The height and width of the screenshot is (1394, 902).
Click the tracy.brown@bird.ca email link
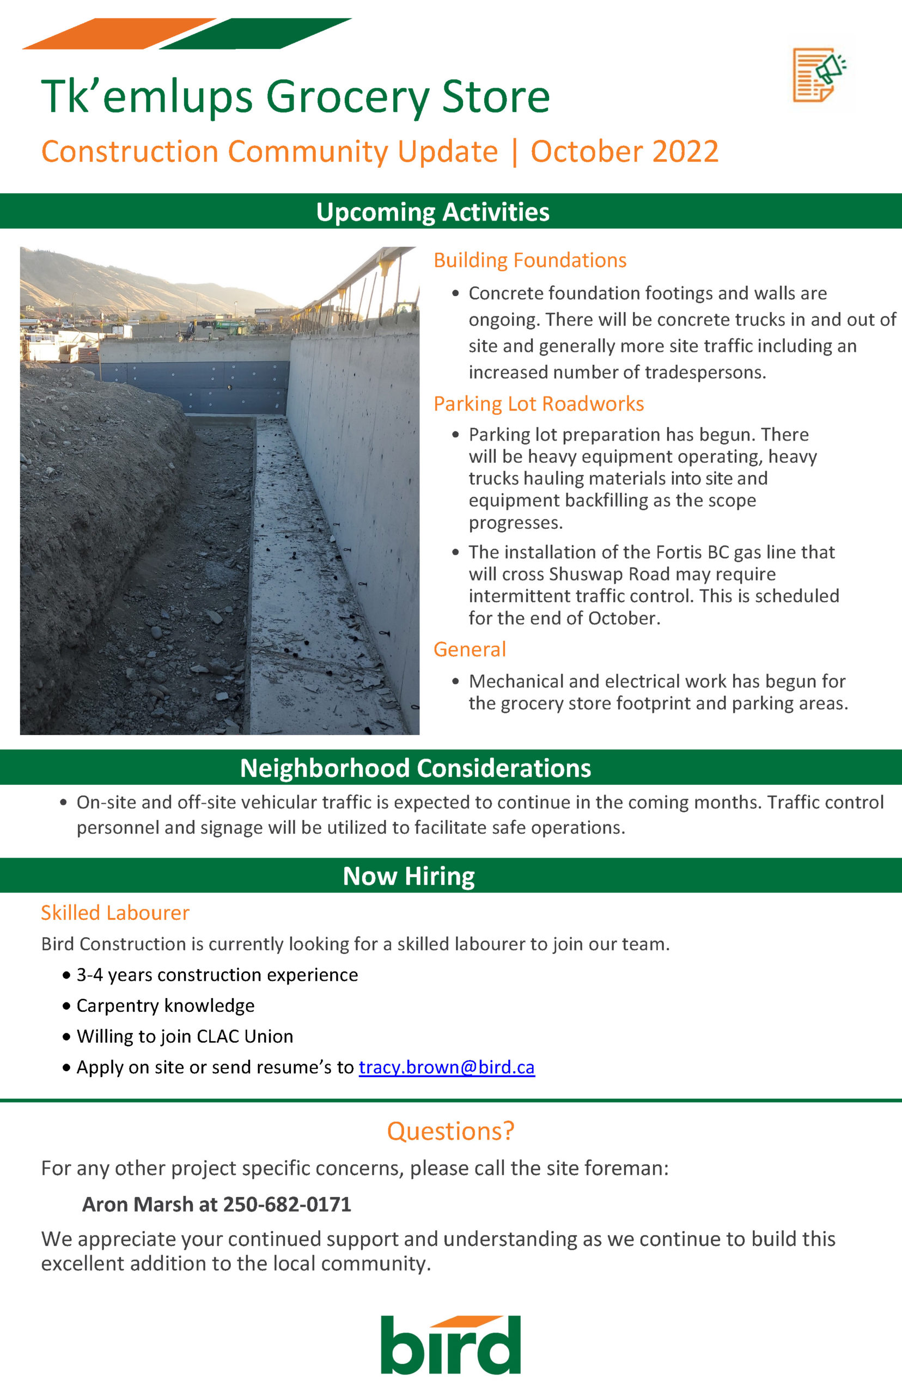point(446,1067)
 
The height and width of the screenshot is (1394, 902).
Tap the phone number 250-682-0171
point(287,1205)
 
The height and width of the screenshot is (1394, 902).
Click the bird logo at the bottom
point(450,1345)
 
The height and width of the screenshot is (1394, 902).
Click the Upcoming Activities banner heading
point(432,211)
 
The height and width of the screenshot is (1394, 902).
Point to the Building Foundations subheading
point(529,260)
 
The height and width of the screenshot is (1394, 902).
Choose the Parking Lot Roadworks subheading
point(538,403)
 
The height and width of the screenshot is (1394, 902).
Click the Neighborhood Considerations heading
point(415,768)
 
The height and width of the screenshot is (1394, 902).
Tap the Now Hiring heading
point(409,876)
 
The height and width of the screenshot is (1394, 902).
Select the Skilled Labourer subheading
point(115,913)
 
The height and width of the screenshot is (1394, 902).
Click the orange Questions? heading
point(450,1130)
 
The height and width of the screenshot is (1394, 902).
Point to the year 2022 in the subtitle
point(685,151)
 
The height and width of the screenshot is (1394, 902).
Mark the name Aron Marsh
point(138,1205)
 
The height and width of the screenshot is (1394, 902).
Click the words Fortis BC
point(692,552)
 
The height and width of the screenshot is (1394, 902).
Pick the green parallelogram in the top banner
point(255,34)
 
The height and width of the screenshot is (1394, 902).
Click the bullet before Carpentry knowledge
point(66,1006)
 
